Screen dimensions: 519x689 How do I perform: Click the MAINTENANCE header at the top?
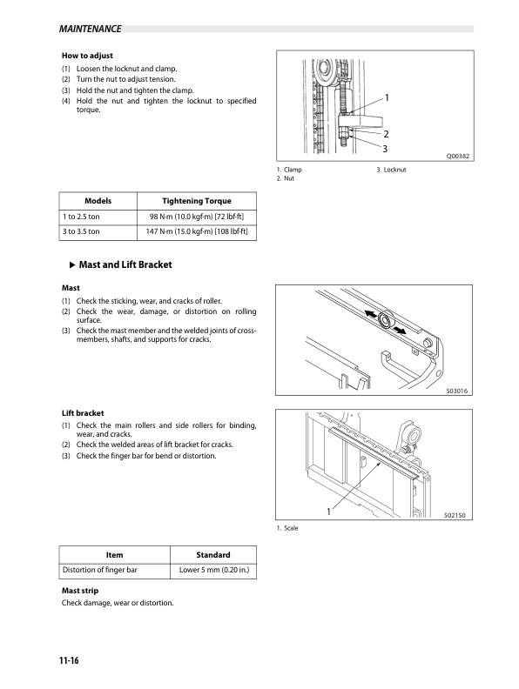coord(91,29)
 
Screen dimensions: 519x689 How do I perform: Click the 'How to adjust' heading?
coord(87,56)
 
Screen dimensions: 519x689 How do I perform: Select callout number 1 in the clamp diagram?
coord(387,98)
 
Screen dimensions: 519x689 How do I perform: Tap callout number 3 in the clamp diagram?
coord(385,149)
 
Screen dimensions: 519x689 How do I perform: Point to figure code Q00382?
coord(458,156)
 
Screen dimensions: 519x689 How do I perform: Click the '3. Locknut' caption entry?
coord(391,170)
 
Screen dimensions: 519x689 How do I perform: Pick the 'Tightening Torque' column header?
coord(197,201)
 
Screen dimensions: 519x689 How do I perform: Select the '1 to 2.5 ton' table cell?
coord(81,217)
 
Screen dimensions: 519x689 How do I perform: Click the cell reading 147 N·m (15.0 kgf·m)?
coord(197,231)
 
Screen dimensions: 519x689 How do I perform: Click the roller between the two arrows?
coord(386,320)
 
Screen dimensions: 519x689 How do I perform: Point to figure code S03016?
coord(457,391)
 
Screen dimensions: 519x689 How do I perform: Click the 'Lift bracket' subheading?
coord(83,413)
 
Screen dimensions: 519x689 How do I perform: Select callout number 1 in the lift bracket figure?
coord(328,512)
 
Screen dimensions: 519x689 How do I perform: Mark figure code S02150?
coord(455,515)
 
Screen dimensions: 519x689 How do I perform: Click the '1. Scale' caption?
coord(287,528)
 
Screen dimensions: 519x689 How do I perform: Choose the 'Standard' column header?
coord(213,555)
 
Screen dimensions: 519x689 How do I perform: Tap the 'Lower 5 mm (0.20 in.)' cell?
coord(214,570)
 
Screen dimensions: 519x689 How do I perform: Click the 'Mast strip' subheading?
coord(80,591)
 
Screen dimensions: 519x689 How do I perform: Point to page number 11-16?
coord(69,660)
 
